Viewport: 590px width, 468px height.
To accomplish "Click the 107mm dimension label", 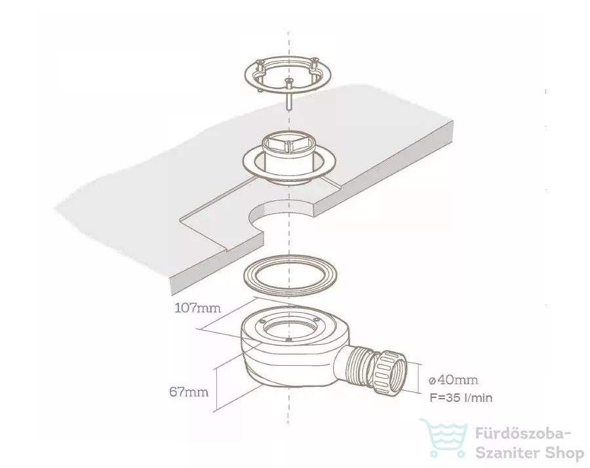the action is click(x=197, y=308).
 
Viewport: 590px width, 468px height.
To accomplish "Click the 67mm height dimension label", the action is click(x=189, y=392).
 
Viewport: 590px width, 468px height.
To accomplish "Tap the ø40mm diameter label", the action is click(x=454, y=380).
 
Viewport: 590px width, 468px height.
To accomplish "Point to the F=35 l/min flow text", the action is click(x=461, y=398).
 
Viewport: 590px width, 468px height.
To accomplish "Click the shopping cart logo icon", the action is click(x=444, y=439).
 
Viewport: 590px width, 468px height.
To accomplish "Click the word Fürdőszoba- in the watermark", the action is click(x=523, y=434).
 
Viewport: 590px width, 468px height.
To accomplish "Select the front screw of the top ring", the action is click(x=288, y=93).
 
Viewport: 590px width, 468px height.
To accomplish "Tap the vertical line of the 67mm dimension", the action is click(x=217, y=390).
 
